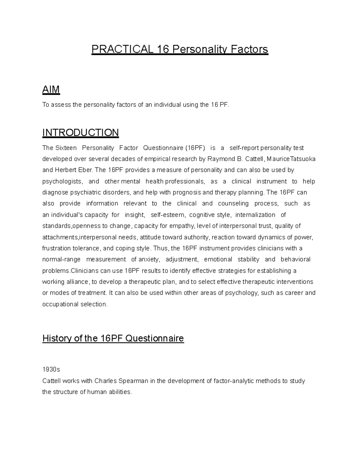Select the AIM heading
[51, 89]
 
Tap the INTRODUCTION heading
[81, 132]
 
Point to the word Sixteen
[66, 148]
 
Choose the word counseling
[233, 203]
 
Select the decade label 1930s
[51, 370]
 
